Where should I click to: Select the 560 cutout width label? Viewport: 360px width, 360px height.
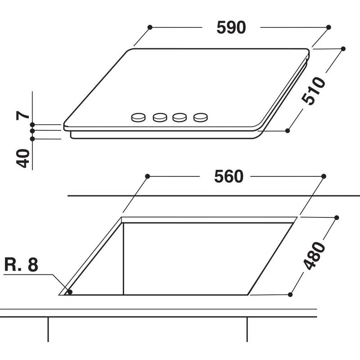click(229, 177)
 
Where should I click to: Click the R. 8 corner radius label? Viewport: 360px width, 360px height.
click(22, 265)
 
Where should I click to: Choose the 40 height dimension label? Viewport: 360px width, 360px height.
click(24, 158)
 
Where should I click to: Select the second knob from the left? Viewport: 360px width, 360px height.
click(160, 118)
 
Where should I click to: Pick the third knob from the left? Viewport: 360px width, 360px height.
click(180, 118)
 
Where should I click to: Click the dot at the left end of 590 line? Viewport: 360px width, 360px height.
click(150, 27)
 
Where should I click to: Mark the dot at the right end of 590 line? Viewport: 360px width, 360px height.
click(329, 27)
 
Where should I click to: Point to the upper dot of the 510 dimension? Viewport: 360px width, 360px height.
click(343, 49)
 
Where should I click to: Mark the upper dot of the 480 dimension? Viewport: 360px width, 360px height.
click(336, 217)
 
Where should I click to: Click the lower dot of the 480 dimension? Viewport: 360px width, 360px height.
click(290, 294)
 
